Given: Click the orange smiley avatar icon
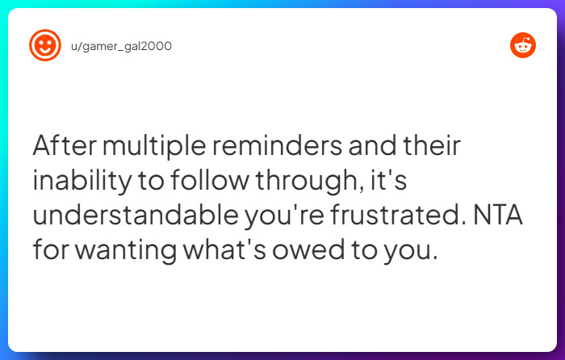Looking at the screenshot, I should [x=44, y=46].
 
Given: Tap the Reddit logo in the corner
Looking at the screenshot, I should [x=523, y=46].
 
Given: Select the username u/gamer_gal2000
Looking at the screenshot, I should [x=121, y=46].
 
